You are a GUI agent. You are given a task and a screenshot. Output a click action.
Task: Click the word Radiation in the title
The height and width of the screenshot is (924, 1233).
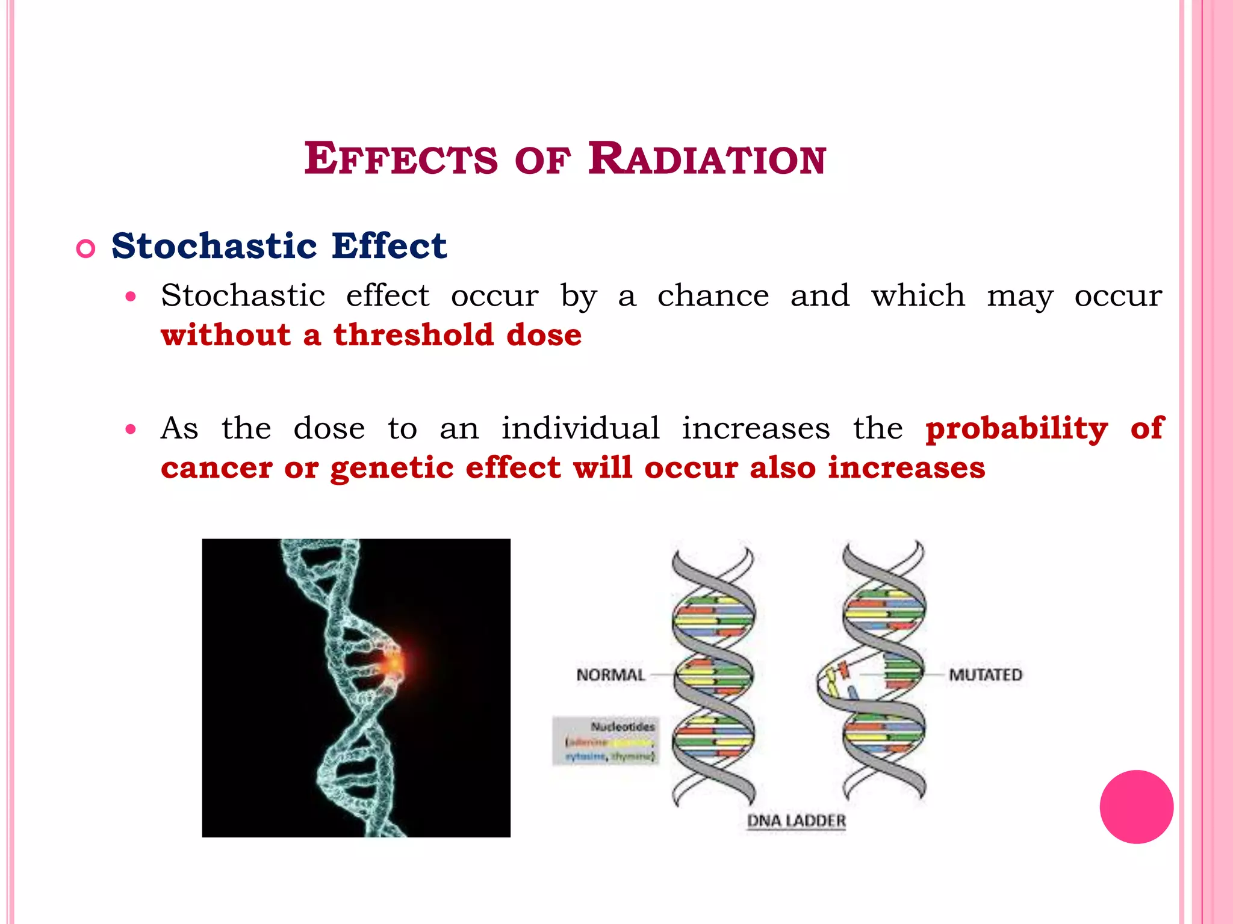click(x=707, y=159)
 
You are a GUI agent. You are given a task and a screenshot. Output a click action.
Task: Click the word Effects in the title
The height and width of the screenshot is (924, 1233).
click(x=401, y=159)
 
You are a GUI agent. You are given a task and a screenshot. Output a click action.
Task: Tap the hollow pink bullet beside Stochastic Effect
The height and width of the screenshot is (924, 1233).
click(x=86, y=248)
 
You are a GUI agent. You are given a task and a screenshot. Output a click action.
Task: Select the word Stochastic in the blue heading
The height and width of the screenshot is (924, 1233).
click(x=214, y=246)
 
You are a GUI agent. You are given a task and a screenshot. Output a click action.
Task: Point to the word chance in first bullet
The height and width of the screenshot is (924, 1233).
click(x=713, y=296)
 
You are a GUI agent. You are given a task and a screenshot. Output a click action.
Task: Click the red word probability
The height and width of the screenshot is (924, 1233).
click(x=1016, y=429)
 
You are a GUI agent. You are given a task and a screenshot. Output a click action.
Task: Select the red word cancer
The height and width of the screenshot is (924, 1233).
click(x=216, y=468)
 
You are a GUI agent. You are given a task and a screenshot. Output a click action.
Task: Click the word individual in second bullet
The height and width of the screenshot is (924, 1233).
click(x=580, y=429)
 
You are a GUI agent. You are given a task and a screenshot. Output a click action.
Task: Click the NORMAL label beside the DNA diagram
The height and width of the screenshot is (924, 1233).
click(x=610, y=675)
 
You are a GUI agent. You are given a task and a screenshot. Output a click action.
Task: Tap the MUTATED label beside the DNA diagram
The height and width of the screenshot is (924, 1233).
click(x=986, y=675)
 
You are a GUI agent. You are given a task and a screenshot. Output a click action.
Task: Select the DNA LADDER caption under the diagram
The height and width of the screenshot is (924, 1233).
click(x=796, y=821)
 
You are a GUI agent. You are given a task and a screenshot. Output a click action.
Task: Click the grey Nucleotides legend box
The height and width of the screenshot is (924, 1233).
click(x=606, y=741)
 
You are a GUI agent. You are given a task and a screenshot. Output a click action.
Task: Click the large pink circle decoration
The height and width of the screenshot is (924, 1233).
click(x=1136, y=807)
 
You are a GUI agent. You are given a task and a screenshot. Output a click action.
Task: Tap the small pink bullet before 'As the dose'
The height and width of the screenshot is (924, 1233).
click(x=131, y=430)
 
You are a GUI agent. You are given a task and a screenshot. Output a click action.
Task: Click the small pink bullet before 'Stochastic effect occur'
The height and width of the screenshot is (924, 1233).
click(x=131, y=297)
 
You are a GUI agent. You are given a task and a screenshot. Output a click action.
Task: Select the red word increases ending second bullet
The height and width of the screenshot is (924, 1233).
click(x=906, y=468)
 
